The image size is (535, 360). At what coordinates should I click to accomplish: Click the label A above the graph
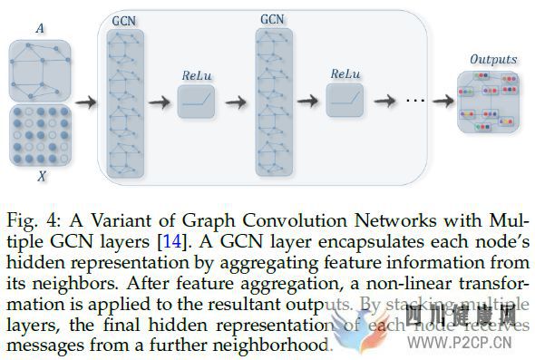coord(40,28)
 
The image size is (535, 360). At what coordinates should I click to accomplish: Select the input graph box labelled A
coord(40,69)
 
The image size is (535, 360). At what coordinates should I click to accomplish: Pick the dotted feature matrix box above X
coord(40,135)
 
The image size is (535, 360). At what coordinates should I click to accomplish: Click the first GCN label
coord(124,19)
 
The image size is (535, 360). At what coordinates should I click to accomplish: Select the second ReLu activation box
coord(345,102)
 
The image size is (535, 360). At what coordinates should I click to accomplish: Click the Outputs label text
coord(492,59)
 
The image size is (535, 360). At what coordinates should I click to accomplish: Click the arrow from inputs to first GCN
coord(86,101)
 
